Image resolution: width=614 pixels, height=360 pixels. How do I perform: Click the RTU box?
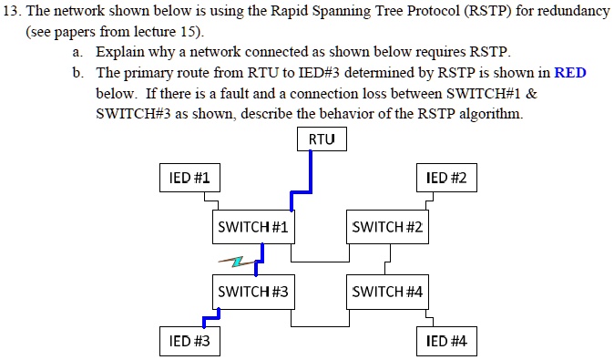pos(322,139)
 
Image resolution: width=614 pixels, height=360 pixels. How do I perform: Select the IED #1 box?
pos(189,178)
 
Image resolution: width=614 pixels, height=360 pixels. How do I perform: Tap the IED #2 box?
pos(445,178)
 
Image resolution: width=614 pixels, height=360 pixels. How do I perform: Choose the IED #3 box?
pos(189,341)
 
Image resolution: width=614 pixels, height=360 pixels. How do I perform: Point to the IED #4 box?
pos(445,341)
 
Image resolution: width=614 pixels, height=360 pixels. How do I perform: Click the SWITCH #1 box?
pos(253,227)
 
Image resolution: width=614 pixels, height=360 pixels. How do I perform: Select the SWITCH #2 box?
pos(388,227)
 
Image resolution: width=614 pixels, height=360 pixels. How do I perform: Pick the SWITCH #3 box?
pos(253,292)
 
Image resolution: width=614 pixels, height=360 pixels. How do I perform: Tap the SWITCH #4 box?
pos(388,292)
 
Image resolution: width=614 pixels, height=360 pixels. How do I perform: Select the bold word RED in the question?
pos(570,73)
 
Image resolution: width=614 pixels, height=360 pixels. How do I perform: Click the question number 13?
pos(13,11)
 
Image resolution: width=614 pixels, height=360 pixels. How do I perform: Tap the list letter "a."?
pos(79,52)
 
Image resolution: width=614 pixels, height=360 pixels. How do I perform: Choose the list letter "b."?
pos(79,73)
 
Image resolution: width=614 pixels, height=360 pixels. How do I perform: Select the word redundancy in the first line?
pos(575,11)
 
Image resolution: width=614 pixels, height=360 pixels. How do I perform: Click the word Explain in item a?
pos(118,52)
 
